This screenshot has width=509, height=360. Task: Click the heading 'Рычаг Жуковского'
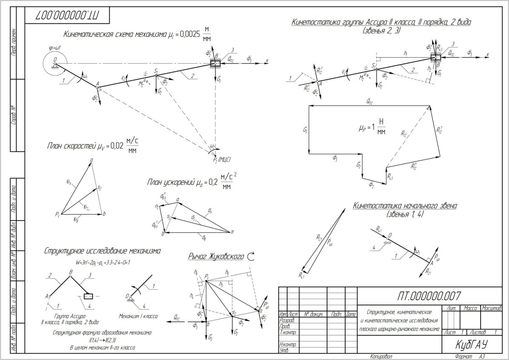pyautogui.click(x=215, y=257)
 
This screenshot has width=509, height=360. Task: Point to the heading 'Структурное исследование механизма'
pyautogui.click(x=102, y=251)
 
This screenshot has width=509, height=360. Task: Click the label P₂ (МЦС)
pyautogui.click(x=221, y=159)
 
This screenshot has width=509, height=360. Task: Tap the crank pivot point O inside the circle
pyautogui.click(x=55, y=64)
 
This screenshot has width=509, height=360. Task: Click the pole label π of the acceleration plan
pyautogui.click(x=232, y=232)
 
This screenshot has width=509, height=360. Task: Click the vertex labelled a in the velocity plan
pyautogui.click(x=91, y=160)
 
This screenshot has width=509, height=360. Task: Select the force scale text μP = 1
pyautogui.click(x=365, y=126)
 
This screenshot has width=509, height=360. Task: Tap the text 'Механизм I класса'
pyautogui.click(x=139, y=316)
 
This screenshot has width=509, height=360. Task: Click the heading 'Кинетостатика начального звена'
pyautogui.click(x=405, y=206)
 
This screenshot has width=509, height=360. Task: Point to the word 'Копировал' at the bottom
pyautogui.click(x=381, y=356)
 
